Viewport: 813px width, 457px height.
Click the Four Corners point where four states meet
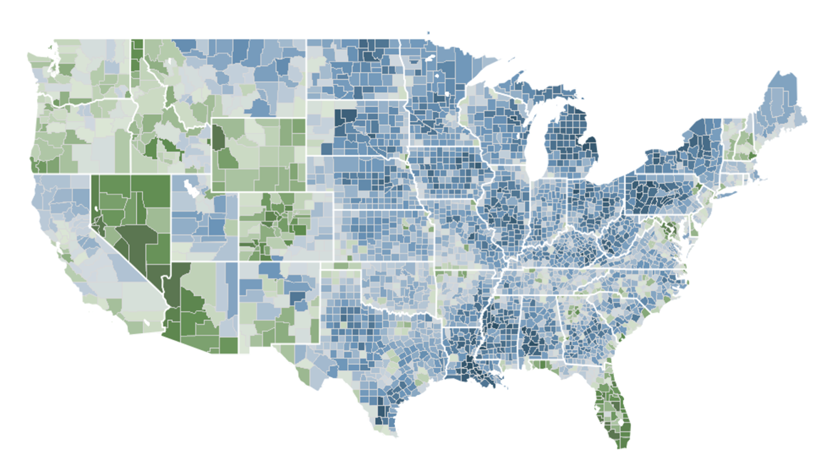(238, 262)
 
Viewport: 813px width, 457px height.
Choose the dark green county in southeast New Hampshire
(749, 155)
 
